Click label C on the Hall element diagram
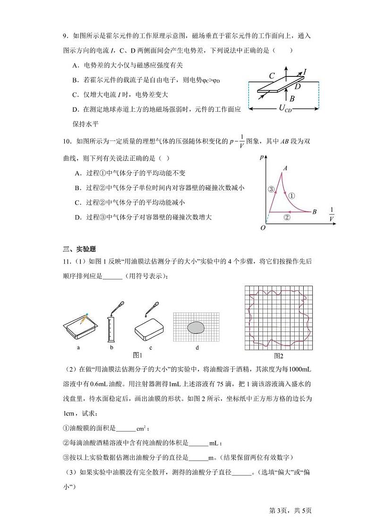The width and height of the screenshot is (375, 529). [x=272, y=75]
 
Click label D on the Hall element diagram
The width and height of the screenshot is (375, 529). [x=298, y=86]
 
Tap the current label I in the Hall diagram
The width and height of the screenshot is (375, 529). [x=305, y=72]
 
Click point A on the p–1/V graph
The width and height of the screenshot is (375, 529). [x=285, y=167]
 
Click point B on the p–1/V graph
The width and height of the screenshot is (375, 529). [x=315, y=212]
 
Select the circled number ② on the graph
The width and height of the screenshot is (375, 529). [x=286, y=217]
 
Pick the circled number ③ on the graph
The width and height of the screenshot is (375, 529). [x=271, y=190]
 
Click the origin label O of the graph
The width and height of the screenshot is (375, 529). [x=263, y=228]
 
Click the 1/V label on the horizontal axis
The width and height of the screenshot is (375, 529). [x=332, y=214]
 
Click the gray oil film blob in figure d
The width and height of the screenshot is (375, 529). [x=196, y=327]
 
